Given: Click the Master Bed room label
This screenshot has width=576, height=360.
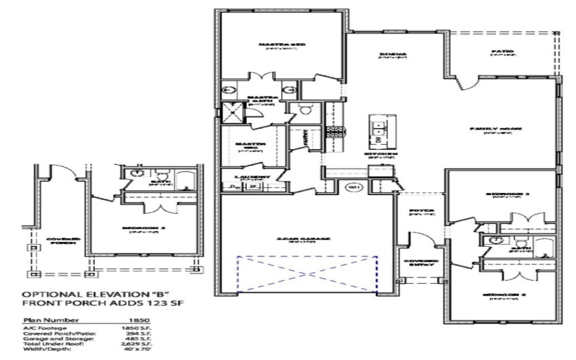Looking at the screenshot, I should (x=282, y=45).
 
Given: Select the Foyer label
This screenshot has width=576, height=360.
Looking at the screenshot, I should (x=420, y=212).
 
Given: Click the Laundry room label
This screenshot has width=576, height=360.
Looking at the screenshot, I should (x=252, y=176).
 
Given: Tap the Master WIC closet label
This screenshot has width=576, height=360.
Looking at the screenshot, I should (x=251, y=146).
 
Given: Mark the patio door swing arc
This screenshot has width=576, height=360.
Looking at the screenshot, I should (x=467, y=85).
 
